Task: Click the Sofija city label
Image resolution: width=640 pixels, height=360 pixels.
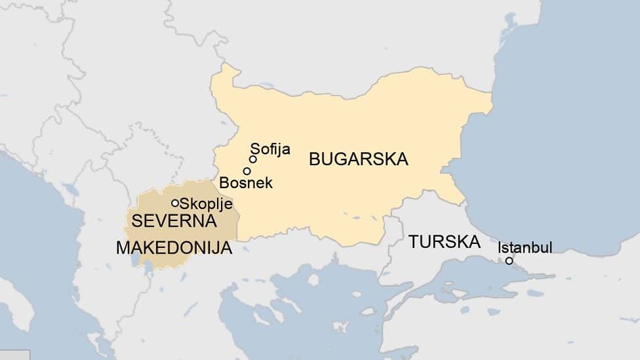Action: (x=270, y=150)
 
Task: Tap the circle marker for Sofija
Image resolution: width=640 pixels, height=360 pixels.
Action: (x=252, y=159)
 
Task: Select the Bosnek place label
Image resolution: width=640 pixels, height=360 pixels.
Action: (x=246, y=182)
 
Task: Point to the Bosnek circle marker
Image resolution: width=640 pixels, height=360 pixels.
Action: (x=247, y=171)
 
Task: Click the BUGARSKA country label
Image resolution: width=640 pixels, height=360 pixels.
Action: (x=358, y=159)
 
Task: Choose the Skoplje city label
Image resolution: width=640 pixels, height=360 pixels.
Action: (x=206, y=203)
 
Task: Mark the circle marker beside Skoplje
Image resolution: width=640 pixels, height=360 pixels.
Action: (x=175, y=203)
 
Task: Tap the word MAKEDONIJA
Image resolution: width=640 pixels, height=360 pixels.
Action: (x=174, y=249)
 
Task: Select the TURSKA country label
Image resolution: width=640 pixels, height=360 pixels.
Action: (x=444, y=241)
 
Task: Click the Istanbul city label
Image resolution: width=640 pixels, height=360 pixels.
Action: (x=525, y=247)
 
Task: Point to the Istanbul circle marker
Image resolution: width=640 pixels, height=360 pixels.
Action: (x=509, y=261)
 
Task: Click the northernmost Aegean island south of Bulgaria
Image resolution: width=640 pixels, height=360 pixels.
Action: (x=313, y=279)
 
